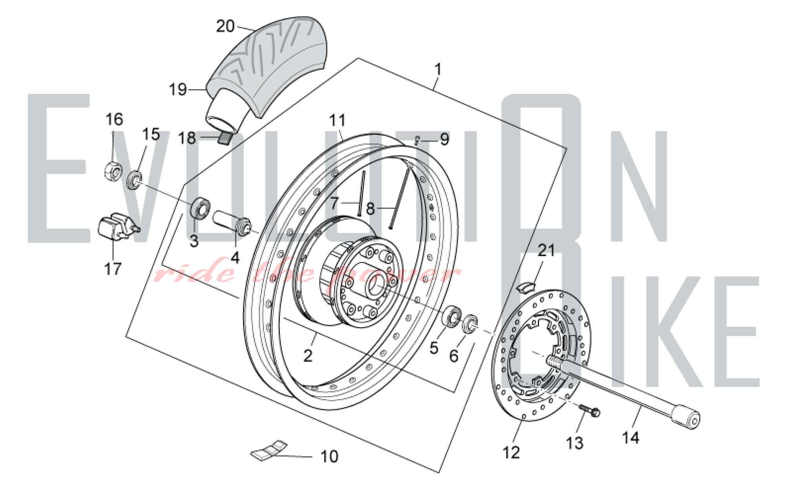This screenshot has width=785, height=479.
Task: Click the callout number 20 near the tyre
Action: tap(225, 26)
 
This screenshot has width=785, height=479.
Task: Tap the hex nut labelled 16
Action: tap(113, 170)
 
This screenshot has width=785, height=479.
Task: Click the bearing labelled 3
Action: tap(200, 209)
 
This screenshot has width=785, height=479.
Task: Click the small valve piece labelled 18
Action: tap(225, 138)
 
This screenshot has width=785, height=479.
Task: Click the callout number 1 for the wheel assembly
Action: tap(438, 70)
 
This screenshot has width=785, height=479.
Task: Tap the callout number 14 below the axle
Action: tap(630, 437)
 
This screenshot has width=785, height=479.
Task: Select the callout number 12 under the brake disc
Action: tap(511, 453)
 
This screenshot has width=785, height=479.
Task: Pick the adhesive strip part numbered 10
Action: tap(269, 450)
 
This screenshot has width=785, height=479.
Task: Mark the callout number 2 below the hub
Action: tap(308, 356)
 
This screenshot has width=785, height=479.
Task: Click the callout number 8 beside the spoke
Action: tap(370, 209)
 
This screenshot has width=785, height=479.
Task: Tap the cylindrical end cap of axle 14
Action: tap(685, 417)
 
